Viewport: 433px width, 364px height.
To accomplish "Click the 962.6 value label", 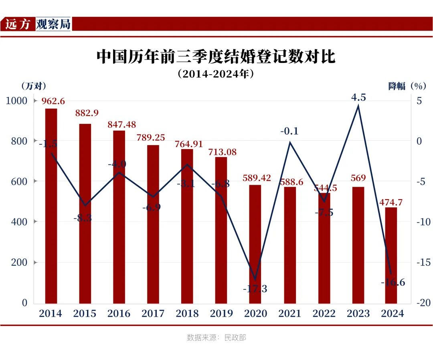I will coord(53,101).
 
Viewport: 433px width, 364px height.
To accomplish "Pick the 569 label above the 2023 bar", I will coord(358,178).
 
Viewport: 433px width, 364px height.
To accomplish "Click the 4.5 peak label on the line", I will coord(358,97).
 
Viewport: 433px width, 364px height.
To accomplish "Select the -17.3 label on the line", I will coord(255,289).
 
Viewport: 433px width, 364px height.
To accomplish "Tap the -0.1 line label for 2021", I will coord(289,131).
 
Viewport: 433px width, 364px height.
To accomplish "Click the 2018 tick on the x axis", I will coord(187,313).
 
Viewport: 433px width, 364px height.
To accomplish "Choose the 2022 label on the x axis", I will coord(324,313).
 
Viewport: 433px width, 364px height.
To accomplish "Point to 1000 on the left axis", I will coord(16,101).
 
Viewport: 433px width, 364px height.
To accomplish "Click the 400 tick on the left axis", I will coord(19,222).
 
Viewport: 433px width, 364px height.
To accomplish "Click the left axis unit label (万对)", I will coord(34,86).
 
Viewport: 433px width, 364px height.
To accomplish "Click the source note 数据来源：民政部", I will coord(216,338).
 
